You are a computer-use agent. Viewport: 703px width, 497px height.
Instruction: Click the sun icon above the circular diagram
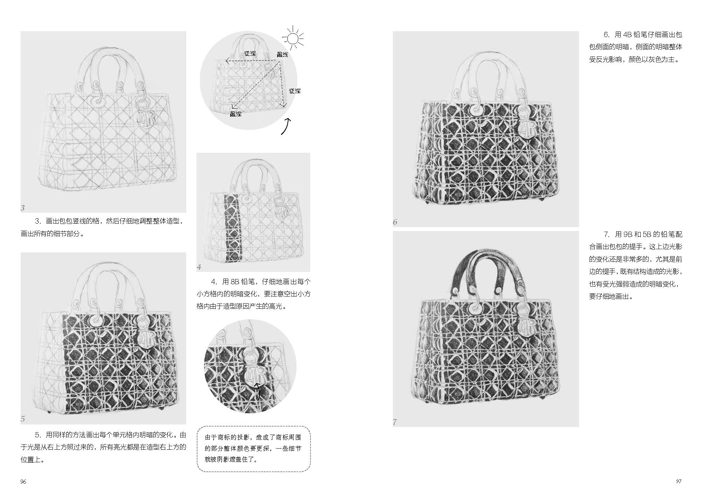point(293,38)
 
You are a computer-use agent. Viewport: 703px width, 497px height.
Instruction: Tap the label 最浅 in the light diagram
point(282,54)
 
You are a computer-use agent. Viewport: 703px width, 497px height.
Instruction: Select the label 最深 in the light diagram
point(236,114)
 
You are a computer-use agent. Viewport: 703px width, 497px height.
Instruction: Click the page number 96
point(23,482)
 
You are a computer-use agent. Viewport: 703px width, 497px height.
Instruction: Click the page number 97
point(678,481)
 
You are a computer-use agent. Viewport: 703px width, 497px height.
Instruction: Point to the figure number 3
point(23,208)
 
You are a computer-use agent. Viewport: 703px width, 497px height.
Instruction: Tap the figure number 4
point(199,267)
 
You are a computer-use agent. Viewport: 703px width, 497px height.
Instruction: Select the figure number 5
point(23,419)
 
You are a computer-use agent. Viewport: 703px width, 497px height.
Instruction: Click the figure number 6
point(395,222)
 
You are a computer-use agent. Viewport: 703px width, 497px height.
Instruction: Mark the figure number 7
point(395,422)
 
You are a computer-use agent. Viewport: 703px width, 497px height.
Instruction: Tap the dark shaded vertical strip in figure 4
point(231,228)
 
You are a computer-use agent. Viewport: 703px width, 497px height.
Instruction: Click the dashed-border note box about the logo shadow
point(253,449)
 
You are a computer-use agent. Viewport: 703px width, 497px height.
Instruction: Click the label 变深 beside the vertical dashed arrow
point(295,91)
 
